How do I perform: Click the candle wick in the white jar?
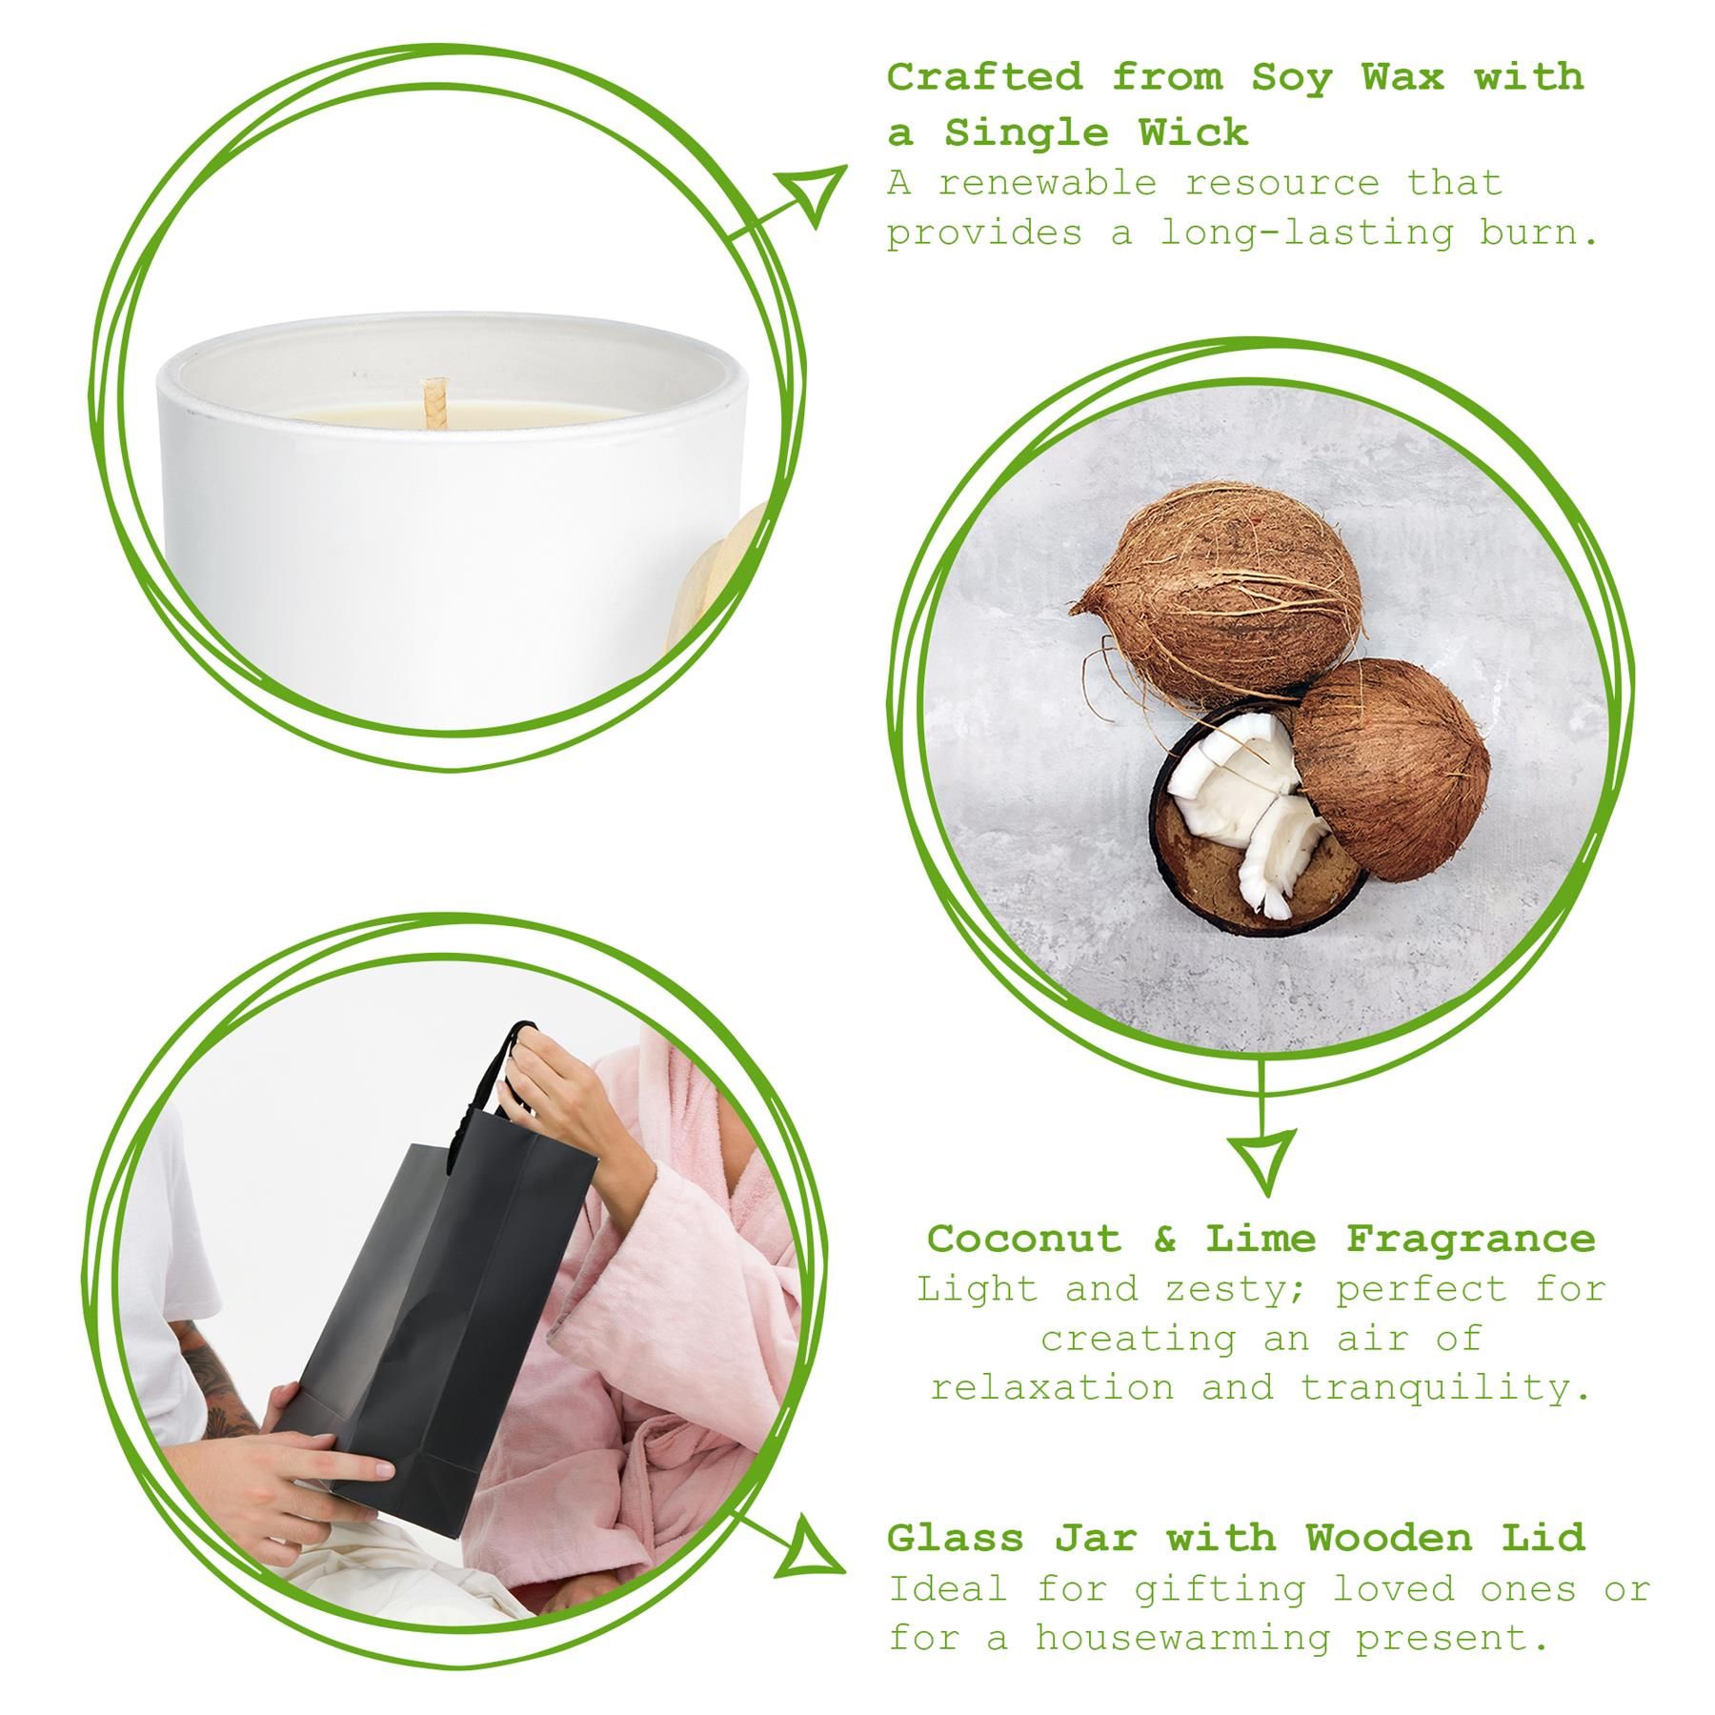pos(434,400)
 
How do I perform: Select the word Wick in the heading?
pos(1192,133)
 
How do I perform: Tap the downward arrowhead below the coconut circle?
pos(1263,1159)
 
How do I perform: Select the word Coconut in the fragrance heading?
pos(1024,1240)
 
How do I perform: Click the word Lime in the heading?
pos(1261,1240)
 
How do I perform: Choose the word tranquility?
pos(1444,1388)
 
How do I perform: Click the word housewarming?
pos(1181,1639)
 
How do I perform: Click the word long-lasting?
pos(1305,233)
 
